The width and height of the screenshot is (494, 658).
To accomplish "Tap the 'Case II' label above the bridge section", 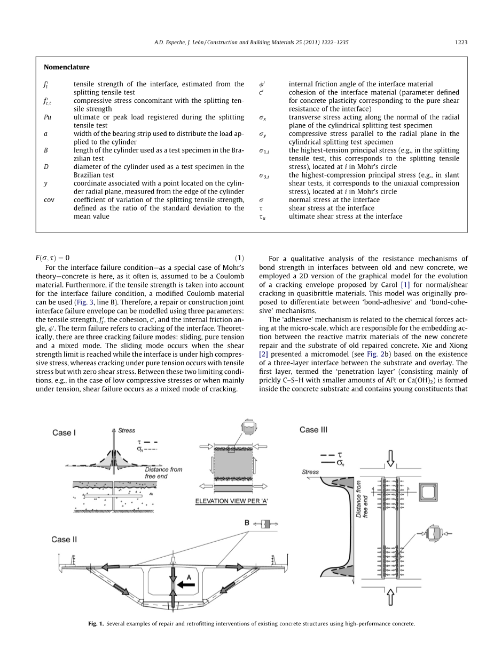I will (65, 540).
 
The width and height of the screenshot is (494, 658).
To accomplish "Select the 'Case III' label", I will (313, 430).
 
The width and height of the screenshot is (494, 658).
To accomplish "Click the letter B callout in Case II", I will (247, 523).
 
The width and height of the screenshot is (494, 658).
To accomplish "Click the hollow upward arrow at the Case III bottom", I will (390, 597).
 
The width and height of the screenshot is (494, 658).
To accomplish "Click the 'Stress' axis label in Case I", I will (127, 430).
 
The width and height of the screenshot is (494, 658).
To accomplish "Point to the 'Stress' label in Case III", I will (310, 472).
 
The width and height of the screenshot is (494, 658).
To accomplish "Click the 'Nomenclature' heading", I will (67, 67).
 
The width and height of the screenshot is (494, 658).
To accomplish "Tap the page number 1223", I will (461, 42).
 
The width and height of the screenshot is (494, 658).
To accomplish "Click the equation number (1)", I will (239, 258).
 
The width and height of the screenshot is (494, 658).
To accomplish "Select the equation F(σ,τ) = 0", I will (52, 258).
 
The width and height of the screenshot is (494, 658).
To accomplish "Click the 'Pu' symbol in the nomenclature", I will (48, 117).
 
